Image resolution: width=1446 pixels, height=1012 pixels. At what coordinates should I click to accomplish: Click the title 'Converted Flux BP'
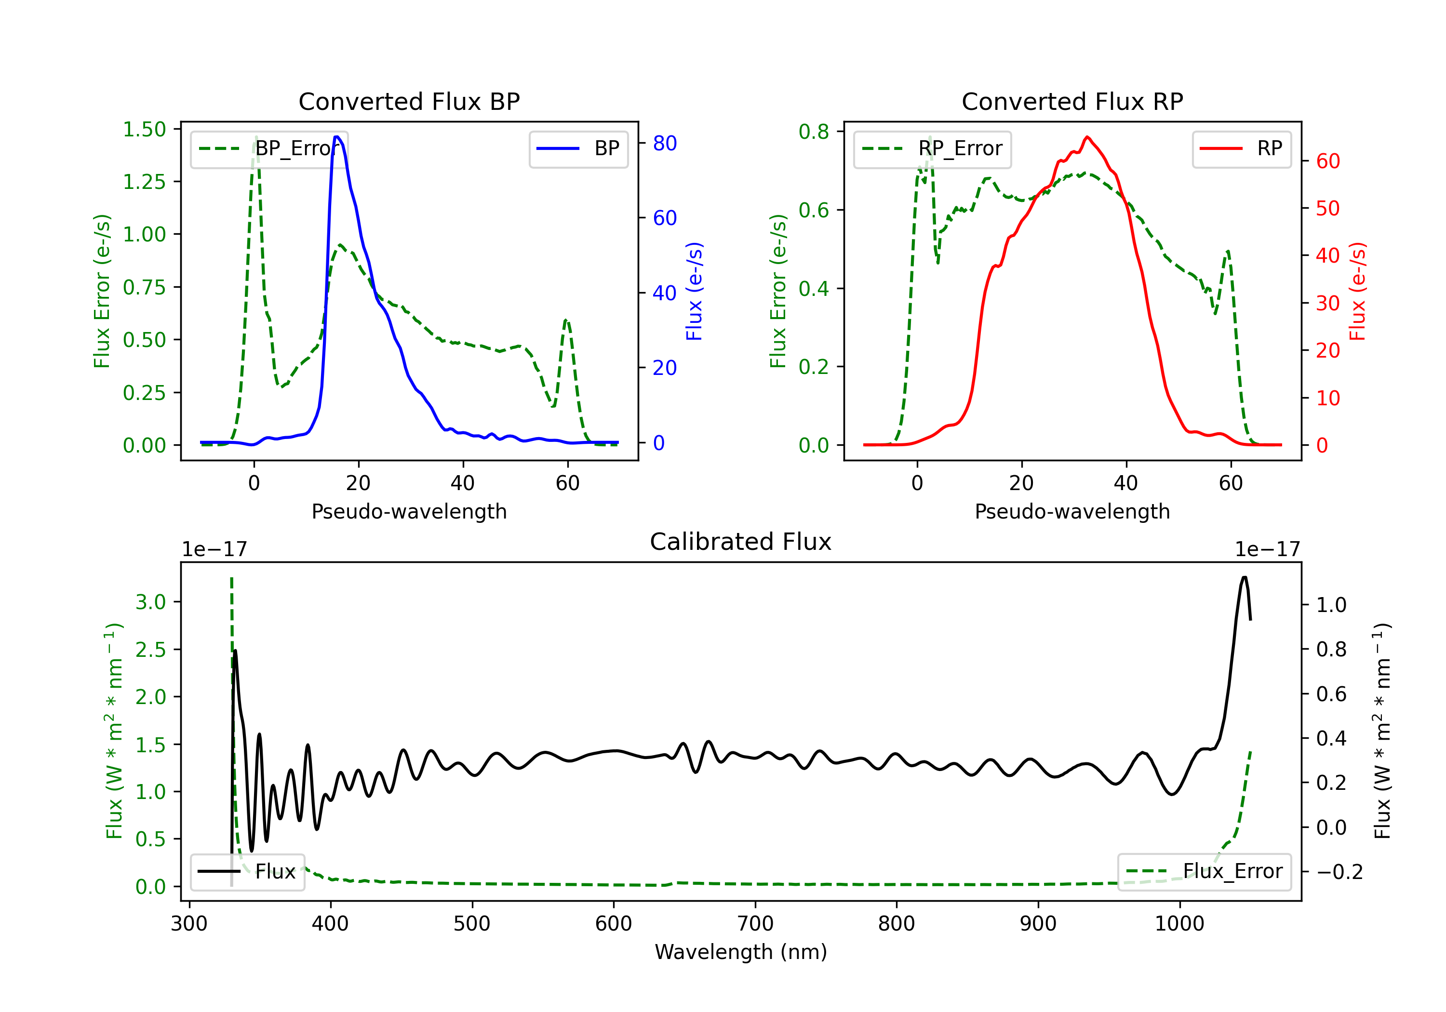409,101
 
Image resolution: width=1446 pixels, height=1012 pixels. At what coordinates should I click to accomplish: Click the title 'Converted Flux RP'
1072,101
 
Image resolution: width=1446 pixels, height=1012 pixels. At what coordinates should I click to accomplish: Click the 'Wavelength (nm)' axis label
741,952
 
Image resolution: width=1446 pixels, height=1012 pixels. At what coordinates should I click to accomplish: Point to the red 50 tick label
1327,209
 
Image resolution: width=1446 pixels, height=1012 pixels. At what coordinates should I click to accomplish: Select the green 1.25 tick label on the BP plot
144,182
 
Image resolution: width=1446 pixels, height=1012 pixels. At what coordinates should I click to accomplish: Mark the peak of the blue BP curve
337,137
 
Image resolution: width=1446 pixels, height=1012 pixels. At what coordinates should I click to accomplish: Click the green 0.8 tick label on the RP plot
814,132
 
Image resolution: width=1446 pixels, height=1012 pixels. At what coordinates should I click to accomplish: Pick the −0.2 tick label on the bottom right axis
1339,872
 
